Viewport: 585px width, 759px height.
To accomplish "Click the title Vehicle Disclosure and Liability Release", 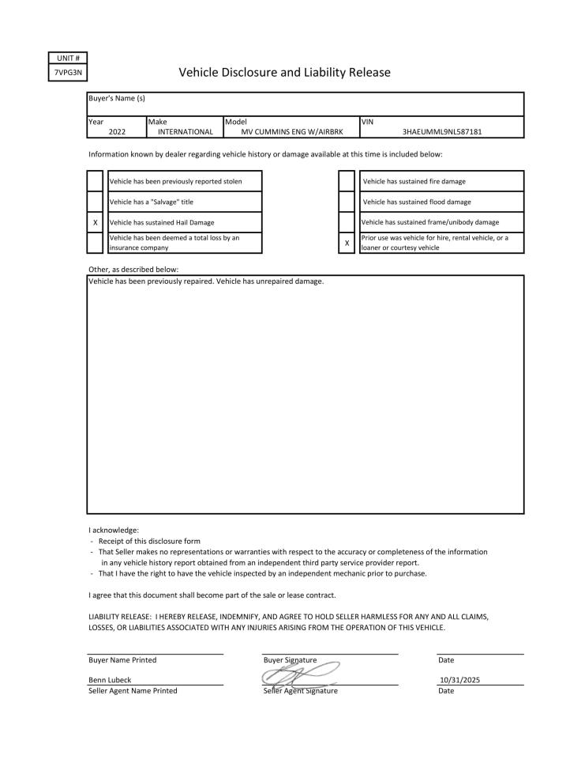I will tap(284, 73).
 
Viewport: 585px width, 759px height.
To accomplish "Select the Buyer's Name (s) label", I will tap(117, 98).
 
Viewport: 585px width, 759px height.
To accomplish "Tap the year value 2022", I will tap(117, 132).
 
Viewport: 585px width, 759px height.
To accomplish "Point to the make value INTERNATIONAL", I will tap(186, 132).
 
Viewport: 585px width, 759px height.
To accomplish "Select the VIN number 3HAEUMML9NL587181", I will tap(442, 132).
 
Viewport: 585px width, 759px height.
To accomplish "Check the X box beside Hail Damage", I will tap(95, 223).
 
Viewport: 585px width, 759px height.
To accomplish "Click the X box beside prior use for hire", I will tap(347, 243).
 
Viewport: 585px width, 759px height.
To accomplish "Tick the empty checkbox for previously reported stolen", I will tap(95, 181).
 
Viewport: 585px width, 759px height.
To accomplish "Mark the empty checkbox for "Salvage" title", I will tap(95, 202).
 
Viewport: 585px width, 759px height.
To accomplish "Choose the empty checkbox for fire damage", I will tap(347, 181).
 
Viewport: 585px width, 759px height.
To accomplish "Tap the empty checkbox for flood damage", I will tap(347, 202).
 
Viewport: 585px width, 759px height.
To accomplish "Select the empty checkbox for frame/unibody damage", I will tap(347, 222).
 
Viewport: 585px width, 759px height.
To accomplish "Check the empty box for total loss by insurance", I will tap(95, 243).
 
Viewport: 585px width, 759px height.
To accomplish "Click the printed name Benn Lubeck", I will tap(110, 680).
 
